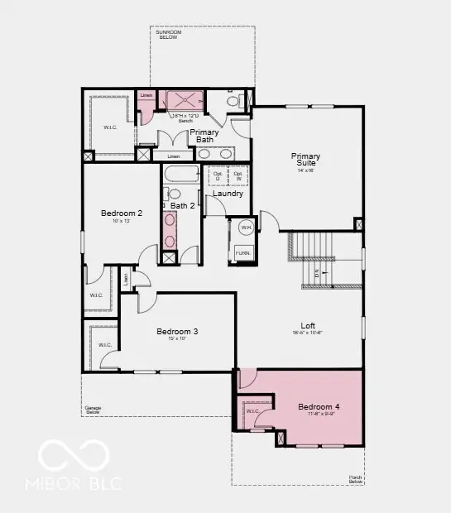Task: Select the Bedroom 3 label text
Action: point(177,332)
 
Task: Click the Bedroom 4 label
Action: point(319,407)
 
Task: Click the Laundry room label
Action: point(228,194)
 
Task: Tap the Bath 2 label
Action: point(183,205)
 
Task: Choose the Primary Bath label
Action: point(204,136)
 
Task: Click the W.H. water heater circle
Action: point(246,227)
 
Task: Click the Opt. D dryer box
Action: point(216,176)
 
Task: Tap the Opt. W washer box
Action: point(238,176)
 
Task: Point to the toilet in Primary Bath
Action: point(233,101)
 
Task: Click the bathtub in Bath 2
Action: point(180,174)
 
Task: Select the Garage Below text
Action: point(93,409)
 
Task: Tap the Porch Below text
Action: point(355,478)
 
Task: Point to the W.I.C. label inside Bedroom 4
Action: point(252,410)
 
